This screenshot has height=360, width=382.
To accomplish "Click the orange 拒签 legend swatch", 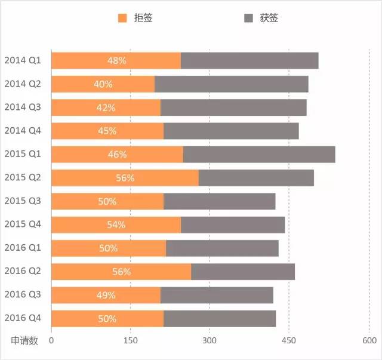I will [123, 19].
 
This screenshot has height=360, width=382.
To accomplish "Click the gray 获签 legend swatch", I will [248, 19].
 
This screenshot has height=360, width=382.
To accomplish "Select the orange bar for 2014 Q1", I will [116, 60].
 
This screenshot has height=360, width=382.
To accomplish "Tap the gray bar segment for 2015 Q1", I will [259, 154].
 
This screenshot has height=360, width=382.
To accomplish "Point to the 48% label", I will [116, 60].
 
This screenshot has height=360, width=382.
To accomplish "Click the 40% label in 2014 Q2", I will [103, 84].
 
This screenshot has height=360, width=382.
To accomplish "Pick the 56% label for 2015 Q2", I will [125, 178].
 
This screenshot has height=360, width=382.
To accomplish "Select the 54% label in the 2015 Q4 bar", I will [116, 224].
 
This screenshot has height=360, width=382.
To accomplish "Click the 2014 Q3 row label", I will [23, 107].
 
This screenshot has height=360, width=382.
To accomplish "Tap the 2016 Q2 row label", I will [23, 271].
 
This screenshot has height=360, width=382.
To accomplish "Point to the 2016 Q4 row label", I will [23, 318].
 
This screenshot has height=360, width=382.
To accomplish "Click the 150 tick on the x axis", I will [130, 341].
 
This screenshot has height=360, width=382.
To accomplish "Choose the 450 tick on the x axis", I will [289, 341].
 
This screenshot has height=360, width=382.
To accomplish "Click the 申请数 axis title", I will [24, 341].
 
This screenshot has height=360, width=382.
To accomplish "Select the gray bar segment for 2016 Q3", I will [217, 295].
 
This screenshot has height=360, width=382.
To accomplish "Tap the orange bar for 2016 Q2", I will [121, 272].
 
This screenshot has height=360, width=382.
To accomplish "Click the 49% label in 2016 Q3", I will [106, 295].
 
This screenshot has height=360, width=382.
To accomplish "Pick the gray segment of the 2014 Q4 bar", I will [231, 131].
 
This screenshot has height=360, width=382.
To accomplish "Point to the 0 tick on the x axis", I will [51, 341].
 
